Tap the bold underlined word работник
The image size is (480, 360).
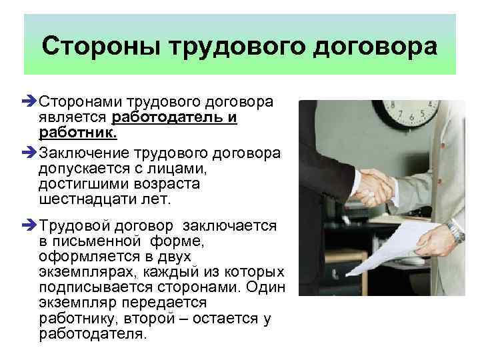click(x=76, y=133)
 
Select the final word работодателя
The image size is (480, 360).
click(x=91, y=333)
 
